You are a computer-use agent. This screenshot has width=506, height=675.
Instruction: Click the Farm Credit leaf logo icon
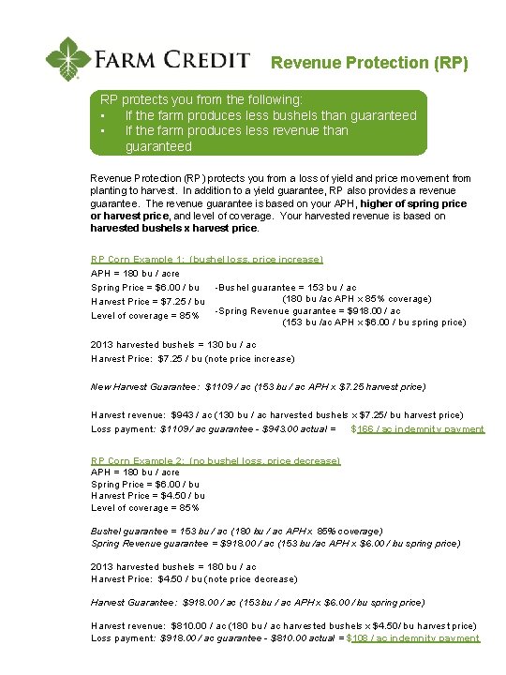click(x=68, y=59)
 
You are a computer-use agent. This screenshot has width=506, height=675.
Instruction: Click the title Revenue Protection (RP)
click(x=369, y=63)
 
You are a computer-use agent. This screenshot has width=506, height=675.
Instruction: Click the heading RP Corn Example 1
click(x=207, y=259)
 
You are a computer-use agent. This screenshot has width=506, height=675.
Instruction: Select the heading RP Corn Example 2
click(x=216, y=460)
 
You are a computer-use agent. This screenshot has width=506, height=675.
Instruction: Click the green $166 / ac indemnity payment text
click(x=417, y=428)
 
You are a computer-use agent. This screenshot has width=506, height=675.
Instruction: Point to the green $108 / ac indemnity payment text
click(x=413, y=637)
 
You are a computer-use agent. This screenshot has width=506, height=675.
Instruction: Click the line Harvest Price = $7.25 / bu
click(x=148, y=301)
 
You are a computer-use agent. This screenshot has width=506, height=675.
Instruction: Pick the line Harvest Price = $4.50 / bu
click(x=148, y=495)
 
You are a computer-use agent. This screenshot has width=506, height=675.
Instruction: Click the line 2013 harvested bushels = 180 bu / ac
click(x=173, y=566)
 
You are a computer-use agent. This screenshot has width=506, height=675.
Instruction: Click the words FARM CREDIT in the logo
click(x=171, y=60)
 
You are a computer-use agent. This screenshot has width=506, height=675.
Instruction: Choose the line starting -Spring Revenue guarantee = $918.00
click(x=307, y=311)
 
